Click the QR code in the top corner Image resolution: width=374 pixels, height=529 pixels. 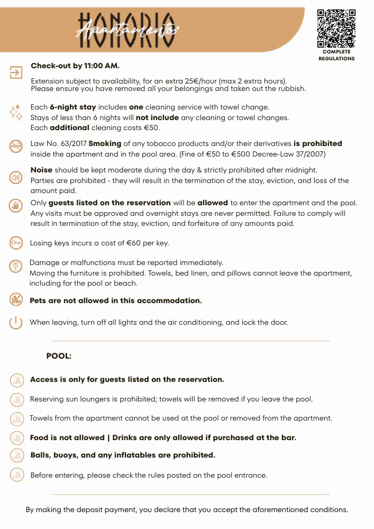(336, 29)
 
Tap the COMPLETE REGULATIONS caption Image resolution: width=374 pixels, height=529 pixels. (336, 55)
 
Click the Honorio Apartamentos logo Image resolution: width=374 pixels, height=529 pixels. (127, 27)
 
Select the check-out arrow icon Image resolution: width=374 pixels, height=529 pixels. (16, 72)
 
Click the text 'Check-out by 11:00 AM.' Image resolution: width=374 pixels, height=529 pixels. (75, 66)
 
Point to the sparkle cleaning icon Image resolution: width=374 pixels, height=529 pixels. (16, 112)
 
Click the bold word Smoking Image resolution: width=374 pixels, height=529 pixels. (105, 143)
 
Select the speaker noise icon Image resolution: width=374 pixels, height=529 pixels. (16, 178)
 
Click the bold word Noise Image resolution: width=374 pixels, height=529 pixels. (41, 170)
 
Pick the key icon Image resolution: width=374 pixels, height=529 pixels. (16, 243)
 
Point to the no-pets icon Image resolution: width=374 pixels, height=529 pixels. (16, 299)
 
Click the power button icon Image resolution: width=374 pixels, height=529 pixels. (16, 322)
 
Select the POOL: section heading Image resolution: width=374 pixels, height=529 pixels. (59, 357)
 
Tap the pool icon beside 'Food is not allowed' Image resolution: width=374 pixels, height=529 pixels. (16, 438)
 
